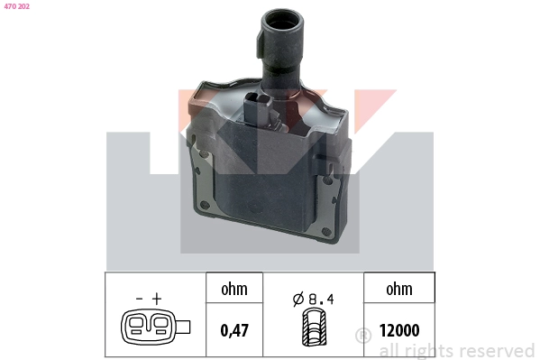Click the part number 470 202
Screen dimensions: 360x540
click(x=17, y=6)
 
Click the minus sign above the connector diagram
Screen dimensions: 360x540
click(x=139, y=298)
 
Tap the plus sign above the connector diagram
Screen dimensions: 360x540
click(x=157, y=298)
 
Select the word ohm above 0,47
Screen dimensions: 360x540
click(x=233, y=290)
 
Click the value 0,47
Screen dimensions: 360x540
click(x=233, y=331)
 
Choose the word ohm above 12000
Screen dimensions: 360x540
click(x=398, y=290)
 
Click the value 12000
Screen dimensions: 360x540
click(x=398, y=331)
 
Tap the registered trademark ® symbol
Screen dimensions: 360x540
click(x=363, y=336)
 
